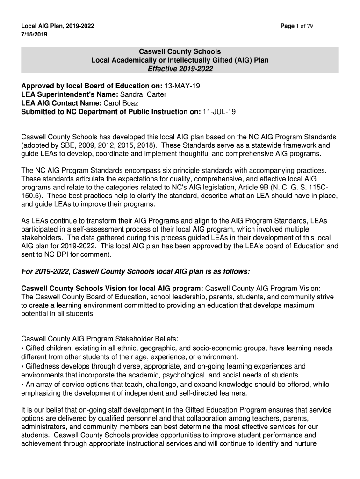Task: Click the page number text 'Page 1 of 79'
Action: click(x=296, y=26)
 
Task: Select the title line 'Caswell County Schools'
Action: click(x=180, y=51)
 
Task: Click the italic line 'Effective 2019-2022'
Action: click(x=180, y=69)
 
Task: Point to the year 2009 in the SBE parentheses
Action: click(x=83, y=145)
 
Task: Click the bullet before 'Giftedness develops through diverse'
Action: click(x=23, y=366)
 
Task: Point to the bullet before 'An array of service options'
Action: click(x=23, y=384)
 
